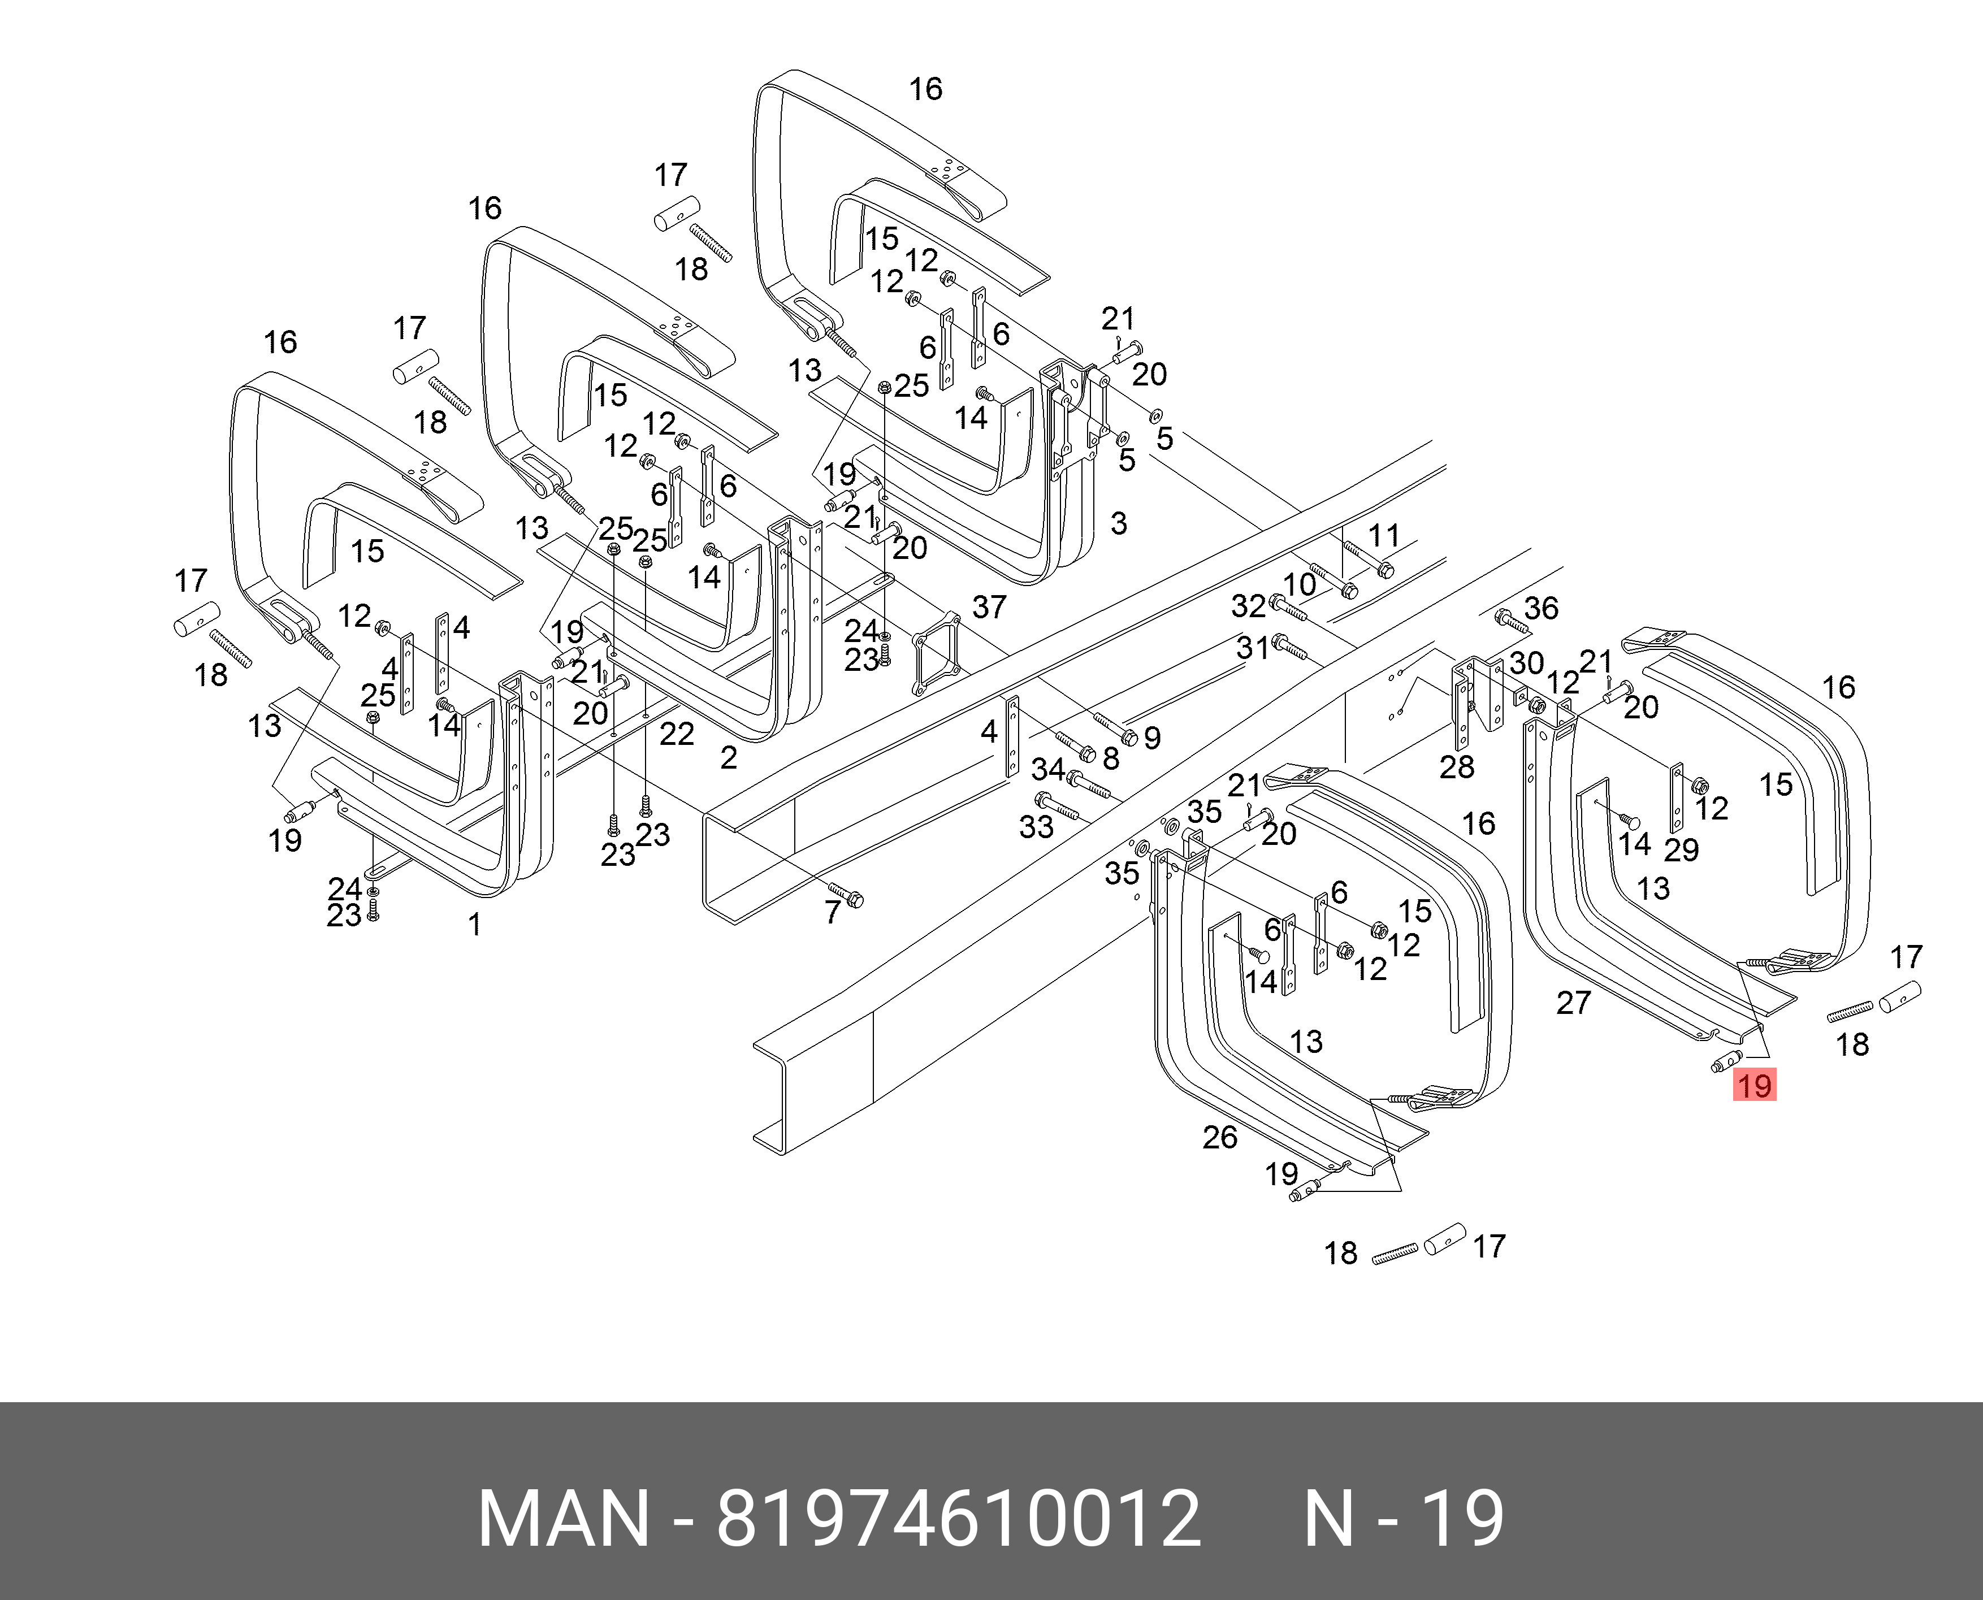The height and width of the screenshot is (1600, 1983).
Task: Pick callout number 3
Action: pos(1118,523)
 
